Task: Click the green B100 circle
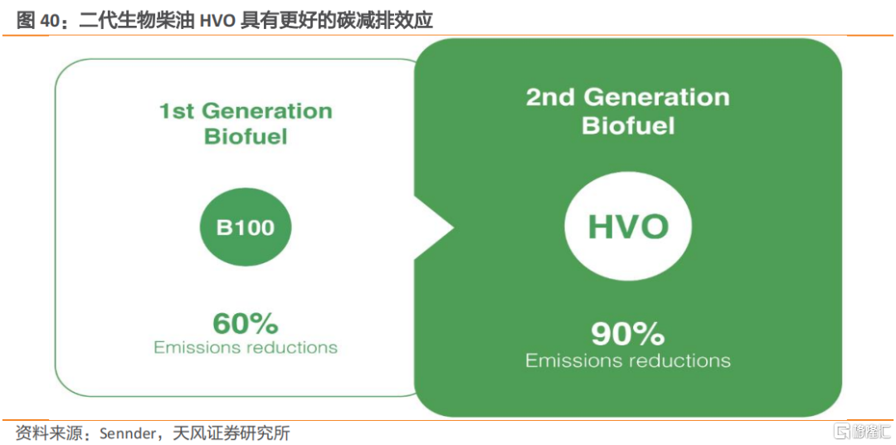(x=245, y=228)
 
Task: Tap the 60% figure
(x=245, y=325)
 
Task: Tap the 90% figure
(x=627, y=335)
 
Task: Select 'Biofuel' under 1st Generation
(x=246, y=137)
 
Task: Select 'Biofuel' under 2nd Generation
(x=628, y=126)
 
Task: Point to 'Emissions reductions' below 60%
(x=245, y=347)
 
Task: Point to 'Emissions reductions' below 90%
(x=628, y=360)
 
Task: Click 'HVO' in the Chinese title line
(x=216, y=21)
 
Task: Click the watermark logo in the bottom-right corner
(x=859, y=431)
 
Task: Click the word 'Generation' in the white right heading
(x=655, y=97)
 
